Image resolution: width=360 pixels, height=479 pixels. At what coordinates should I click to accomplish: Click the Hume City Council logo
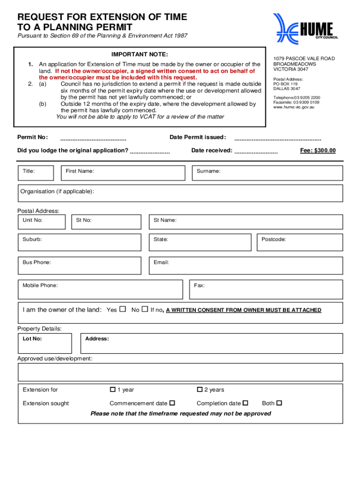[305, 28]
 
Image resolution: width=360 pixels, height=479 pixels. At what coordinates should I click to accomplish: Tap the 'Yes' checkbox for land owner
[123, 309]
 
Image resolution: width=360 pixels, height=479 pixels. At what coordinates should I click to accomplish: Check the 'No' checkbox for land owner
[145, 309]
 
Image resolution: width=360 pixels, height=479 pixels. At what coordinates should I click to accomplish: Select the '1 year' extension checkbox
[113, 389]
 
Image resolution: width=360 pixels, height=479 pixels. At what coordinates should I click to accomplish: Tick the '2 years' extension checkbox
[200, 389]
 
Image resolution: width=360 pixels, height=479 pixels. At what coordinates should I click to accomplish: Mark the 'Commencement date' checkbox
[172, 403]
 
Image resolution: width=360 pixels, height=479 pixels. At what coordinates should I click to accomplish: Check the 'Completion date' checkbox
[246, 403]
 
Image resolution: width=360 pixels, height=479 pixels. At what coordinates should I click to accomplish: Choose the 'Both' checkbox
[280, 403]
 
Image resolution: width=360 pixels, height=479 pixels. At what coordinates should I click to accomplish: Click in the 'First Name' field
[123, 173]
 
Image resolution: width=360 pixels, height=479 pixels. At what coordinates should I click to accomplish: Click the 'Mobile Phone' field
[100, 290]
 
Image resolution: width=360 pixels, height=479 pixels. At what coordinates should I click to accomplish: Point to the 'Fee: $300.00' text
[317, 151]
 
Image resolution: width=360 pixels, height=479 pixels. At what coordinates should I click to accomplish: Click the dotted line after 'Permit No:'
[94, 138]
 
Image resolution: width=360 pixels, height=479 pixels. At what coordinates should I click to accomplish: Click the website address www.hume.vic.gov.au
[294, 107]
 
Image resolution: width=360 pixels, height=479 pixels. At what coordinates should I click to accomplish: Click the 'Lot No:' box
[45, 343]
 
